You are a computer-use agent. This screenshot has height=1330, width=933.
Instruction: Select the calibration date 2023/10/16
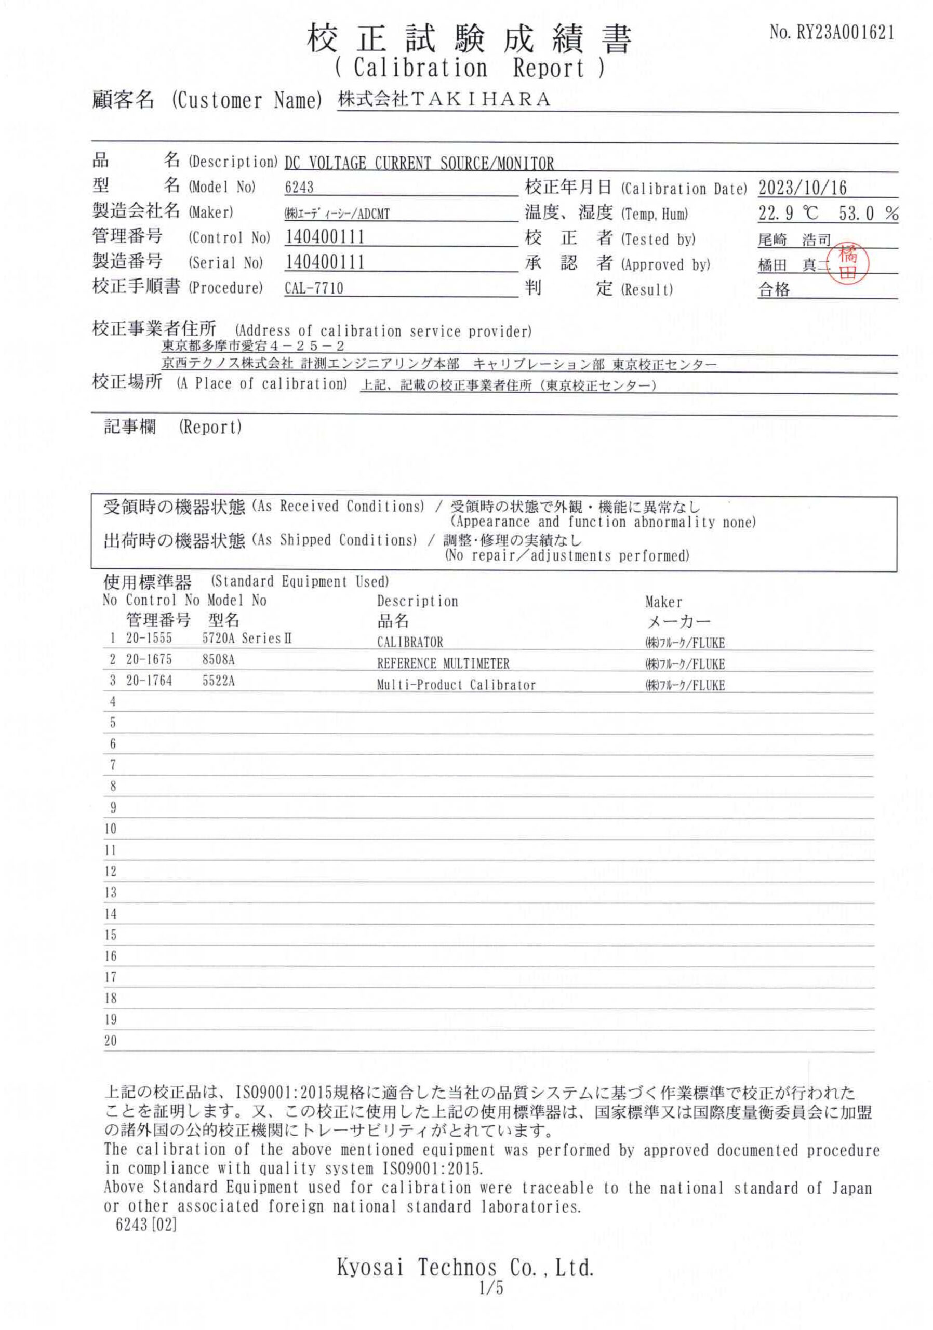click(x=802, y=188)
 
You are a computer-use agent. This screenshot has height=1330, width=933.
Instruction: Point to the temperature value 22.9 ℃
click(x=788, y=213)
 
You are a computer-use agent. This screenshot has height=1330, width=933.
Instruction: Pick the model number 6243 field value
click(x=299, y=187)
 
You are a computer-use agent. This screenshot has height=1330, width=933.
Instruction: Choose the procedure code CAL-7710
click(x=313, y=288)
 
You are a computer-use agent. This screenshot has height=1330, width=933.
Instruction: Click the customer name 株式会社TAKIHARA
click(x=444, y=100)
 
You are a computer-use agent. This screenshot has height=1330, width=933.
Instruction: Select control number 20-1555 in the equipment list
click(x=149, y=638)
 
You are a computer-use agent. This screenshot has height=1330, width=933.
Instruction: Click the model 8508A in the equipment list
click(x=218, y=659)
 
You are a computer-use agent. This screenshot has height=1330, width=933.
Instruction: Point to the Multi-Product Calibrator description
click(x=456, y=685)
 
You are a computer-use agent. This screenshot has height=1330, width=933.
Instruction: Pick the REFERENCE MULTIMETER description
click(x=443, y=663)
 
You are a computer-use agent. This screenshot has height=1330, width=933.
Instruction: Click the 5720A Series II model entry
click(x=247, y=639)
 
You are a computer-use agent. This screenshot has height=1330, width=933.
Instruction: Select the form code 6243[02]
click(x=146, y=1225)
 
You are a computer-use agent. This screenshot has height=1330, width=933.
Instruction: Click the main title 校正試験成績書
click(x=469, y=39)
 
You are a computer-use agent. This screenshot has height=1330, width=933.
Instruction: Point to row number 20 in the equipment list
click(x=110, y=1041)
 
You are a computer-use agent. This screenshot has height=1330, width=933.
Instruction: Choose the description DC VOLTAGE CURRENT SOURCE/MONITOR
click(x=419, y=163)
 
